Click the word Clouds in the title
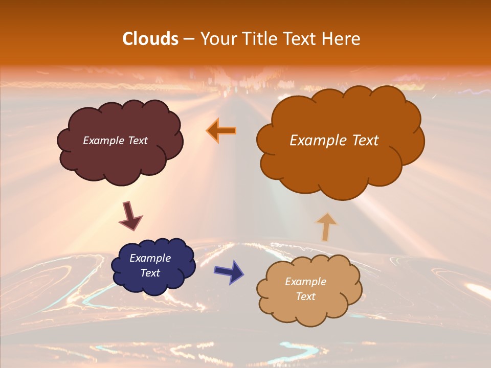(x=150, y=39)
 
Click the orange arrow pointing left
(x=221, y=131)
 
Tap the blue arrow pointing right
(x=229, y=272)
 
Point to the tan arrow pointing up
(x=326, y=227)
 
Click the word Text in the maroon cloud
(x=137, y=140)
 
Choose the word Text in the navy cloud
(x=150, y=273)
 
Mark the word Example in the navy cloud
(x=150, y=258)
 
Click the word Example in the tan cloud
(x=305, y=282)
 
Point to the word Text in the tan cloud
(x=305, y=296)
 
